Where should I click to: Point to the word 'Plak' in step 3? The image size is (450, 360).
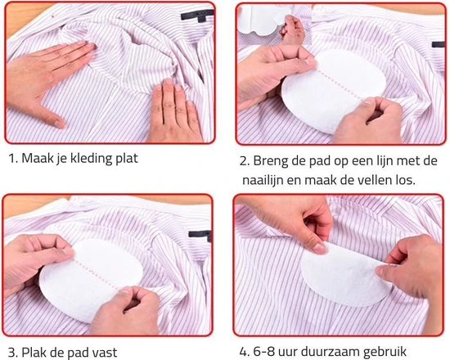[x=40, y=353]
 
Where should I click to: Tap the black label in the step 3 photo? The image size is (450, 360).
[x=198, y=235]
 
